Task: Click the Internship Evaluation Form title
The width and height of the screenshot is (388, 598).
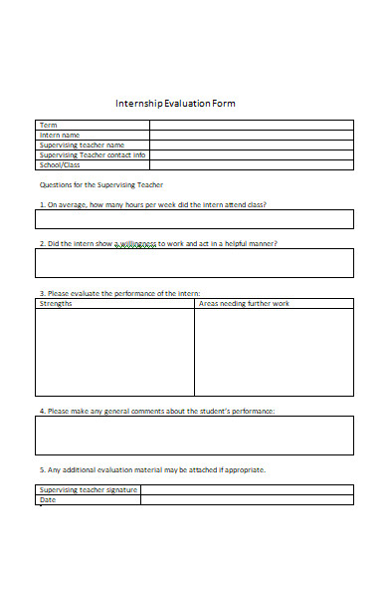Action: click(x=175, y=104)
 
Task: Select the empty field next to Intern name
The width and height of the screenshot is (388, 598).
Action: click(x=251, y=135)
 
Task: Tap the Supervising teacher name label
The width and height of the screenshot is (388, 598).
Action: click(x=82, y=145)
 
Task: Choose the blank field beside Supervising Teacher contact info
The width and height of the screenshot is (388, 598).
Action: click(x=251, y=154)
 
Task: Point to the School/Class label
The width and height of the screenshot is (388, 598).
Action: click(x=59, y=164)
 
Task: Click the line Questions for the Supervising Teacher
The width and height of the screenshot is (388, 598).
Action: click(x=100, y=185)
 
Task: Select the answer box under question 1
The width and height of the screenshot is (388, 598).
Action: click(x=194, y=219)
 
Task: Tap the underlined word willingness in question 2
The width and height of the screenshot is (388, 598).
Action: click(x=136, y=244)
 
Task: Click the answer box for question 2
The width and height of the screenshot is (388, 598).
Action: click(x=194, y=263)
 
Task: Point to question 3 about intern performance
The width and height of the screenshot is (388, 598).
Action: click(x=119, y=293)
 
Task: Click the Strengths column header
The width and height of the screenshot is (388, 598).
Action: click(x=56, y=303)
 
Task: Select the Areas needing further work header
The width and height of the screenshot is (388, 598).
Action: click(x=245, y=303)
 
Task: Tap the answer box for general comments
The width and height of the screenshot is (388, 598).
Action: click(x=194, y=436)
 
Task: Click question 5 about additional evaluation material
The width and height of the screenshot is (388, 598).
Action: click(x=152, y=469)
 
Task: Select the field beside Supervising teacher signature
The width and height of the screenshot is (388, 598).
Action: click(x=247, y=489)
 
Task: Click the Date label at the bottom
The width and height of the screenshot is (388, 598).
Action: click(x=48, y=499)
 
